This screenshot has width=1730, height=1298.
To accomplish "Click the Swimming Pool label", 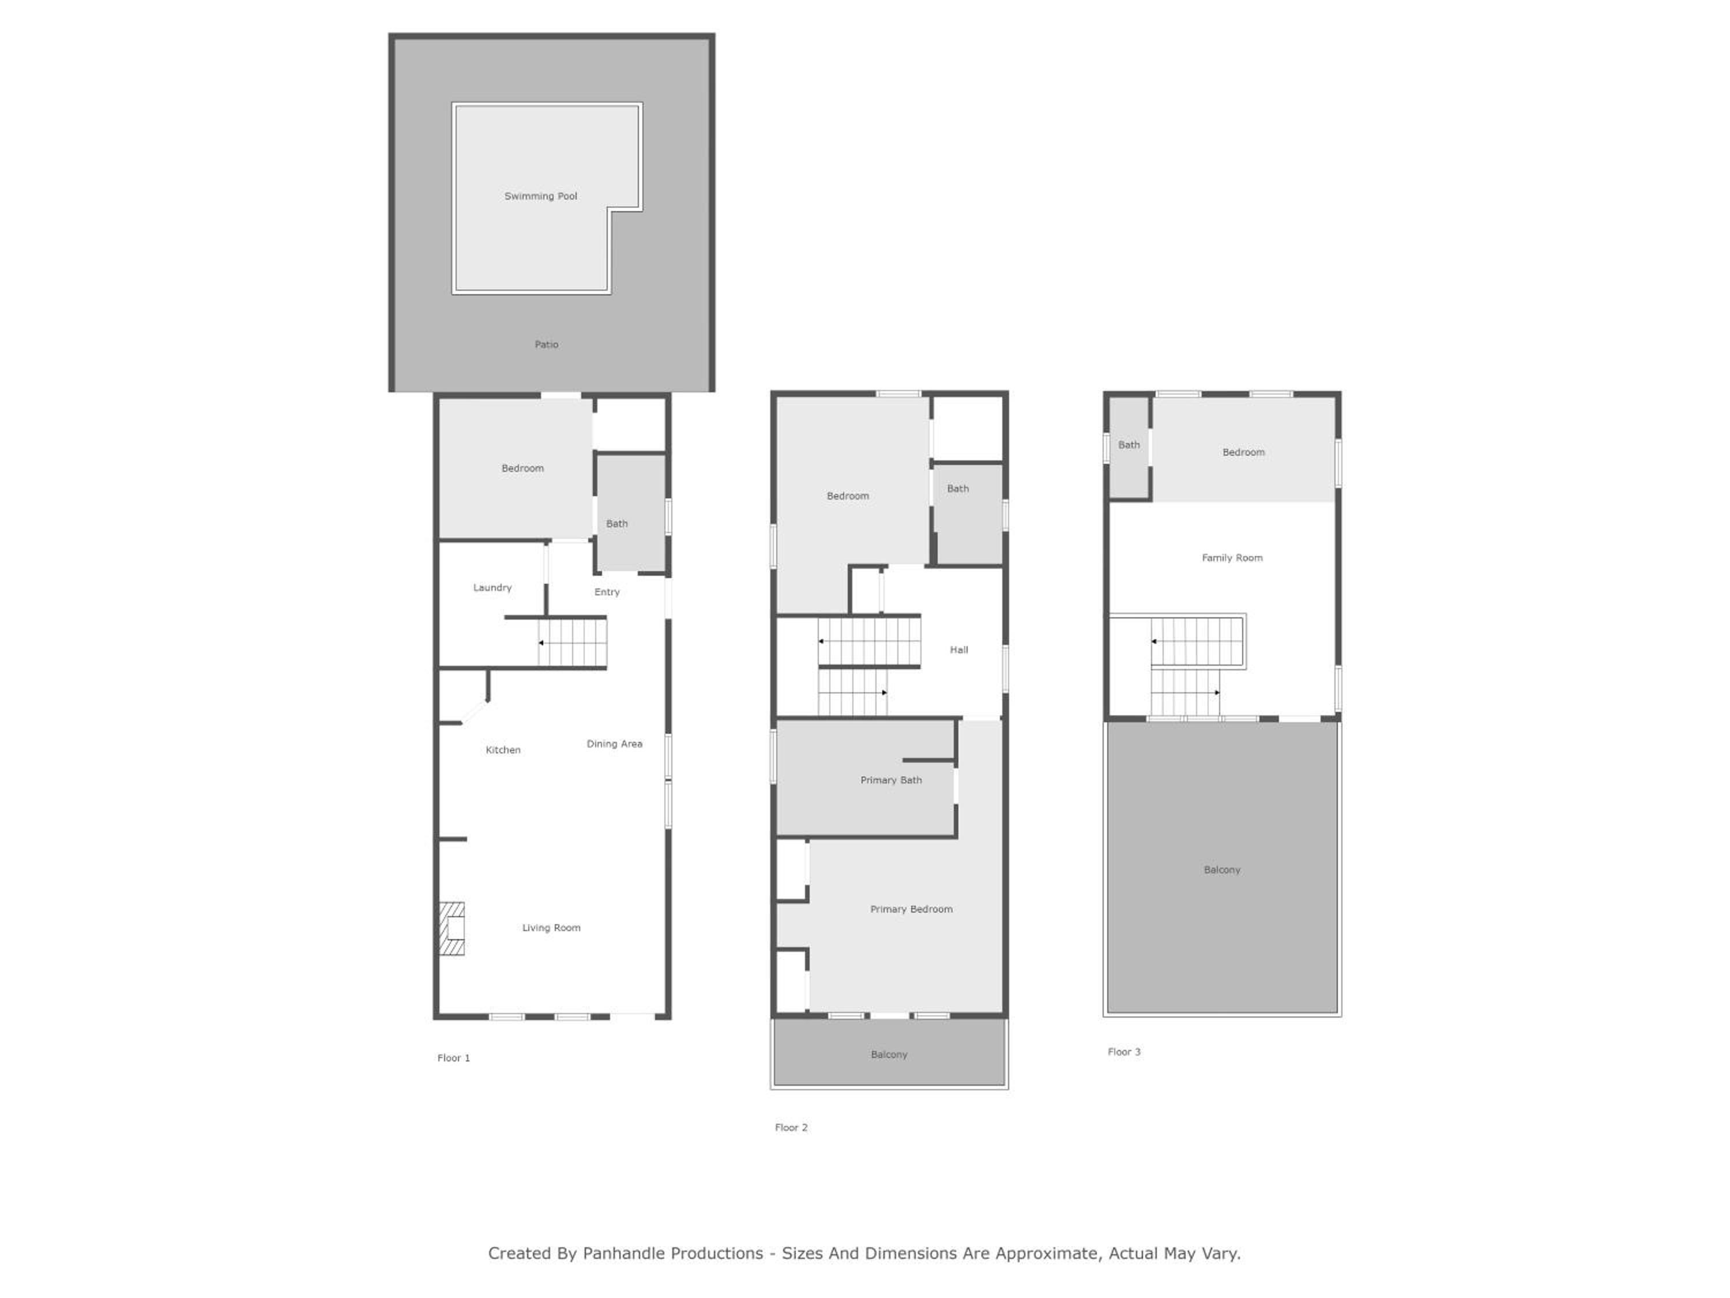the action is [540, 196].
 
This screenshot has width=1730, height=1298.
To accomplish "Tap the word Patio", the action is [546, 344].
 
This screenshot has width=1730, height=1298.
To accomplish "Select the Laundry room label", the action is [492, 588].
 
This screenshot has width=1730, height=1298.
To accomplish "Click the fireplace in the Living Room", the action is [452, 929].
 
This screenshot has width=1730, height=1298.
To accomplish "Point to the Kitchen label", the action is [503, 749].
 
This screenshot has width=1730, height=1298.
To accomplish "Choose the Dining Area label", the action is [615, 744].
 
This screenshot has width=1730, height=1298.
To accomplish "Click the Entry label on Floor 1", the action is [607, 592].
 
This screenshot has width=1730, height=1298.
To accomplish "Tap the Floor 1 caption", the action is [454, 1058].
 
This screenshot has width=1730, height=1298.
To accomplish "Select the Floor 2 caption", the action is [791, 1127].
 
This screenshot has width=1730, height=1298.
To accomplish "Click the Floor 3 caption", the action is [1124, 1052].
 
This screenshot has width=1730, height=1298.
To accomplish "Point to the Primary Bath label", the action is [891, 780].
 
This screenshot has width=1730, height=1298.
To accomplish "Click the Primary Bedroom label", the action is [911, 909].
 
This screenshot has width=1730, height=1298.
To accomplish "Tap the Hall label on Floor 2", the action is [959, 650].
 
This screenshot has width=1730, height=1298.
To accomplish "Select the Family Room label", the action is [1232, 558].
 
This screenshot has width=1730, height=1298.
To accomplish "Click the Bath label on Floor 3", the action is [1129, 445].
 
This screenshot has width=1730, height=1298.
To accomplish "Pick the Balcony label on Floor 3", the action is [1221, 870].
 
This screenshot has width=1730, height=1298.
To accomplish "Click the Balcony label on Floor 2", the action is [889, 1055].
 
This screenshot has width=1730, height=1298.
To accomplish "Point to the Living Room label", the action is [551, 928].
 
